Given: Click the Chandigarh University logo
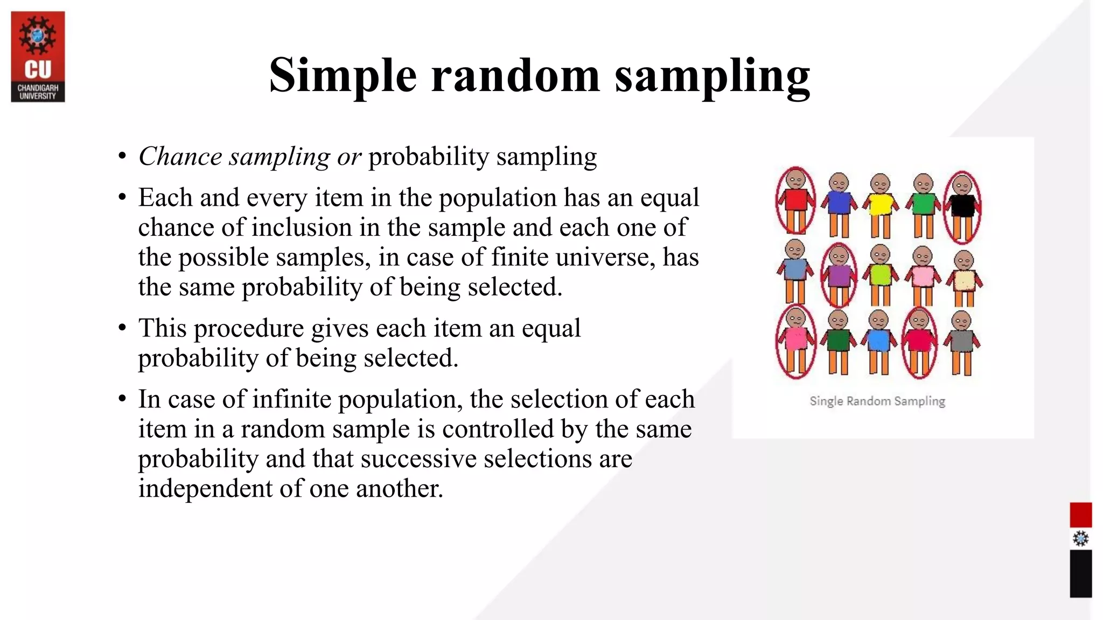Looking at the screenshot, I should point(38,57).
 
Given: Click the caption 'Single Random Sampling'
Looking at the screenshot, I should point(877,401).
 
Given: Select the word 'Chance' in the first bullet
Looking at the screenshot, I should point(180,157).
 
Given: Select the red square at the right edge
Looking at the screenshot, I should point(1080,515).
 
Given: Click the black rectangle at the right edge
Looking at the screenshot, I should point(1080,573).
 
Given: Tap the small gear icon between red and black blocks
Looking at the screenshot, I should point(1080,539).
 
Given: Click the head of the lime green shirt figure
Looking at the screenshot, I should point(880,253).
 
